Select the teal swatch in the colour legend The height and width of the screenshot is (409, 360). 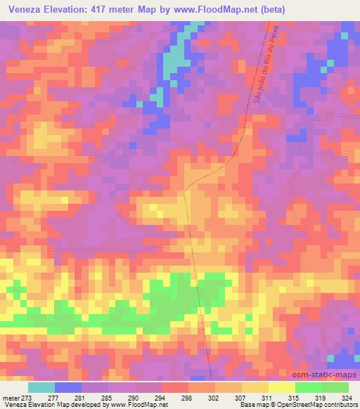[x=41, y=387]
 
